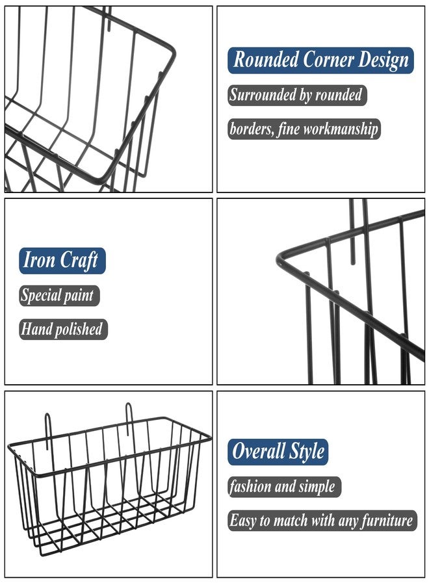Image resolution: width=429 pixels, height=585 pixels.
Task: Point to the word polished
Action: (79, 330)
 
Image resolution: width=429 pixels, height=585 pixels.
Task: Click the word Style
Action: (307, 452)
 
